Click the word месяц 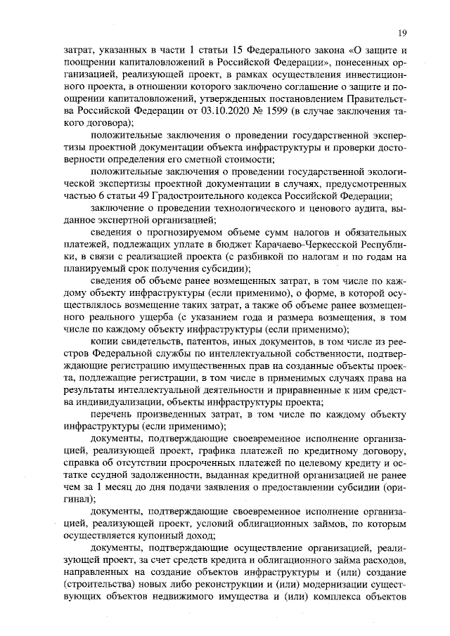[x=125, y=488]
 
